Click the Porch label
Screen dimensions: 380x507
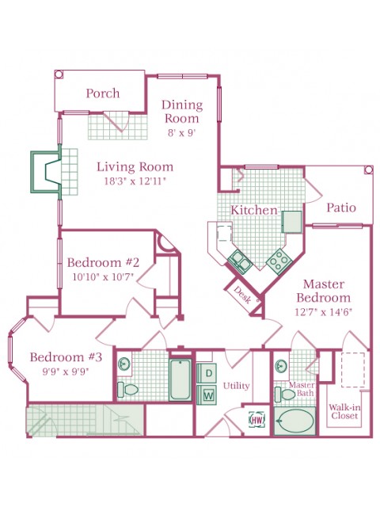pos(103,93)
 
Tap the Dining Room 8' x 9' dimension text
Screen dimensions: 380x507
pos(182,133)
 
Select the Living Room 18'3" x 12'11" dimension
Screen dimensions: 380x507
pos(135,181)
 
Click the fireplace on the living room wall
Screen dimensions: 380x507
pos(46,172)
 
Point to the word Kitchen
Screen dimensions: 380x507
pos(254,210)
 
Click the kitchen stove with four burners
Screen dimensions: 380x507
pos(279,261)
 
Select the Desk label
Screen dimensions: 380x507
pos(242,295)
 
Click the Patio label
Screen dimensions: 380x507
pos(341,208)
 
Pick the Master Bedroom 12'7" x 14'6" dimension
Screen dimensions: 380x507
pos(324,312)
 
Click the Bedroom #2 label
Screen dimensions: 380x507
pos(103,262)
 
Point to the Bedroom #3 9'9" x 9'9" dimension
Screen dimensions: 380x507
pos(66,372)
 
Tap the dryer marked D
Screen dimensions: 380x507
pos(207,373)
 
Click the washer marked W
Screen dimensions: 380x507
pos(207,395)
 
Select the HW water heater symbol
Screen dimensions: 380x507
pos(257,420)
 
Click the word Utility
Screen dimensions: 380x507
pos(236,386)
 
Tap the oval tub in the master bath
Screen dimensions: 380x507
pos(294,421)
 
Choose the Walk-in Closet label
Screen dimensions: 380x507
pos(344,411)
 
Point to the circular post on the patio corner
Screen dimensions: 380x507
pos(368,170)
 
